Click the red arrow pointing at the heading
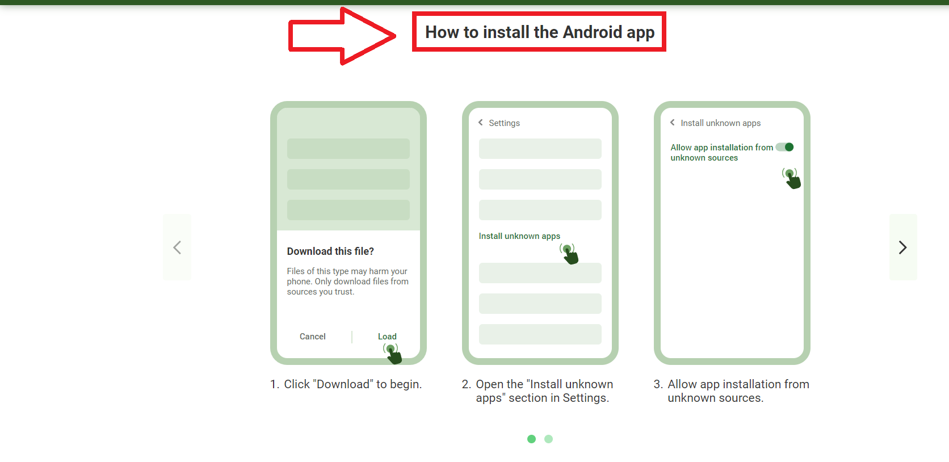tap(341, 36)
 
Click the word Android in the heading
tap(593, 32)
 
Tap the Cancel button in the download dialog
tap(312, 337)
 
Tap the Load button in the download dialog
tap(387, 337)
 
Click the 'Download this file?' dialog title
tap(330, 251)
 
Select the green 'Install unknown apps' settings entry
tap(519, 236)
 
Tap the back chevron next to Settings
tap(481, 123)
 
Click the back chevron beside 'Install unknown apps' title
tap(673, 123)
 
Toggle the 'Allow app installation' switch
tap(785, 147)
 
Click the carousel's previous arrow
tap(177, 247)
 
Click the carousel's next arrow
tap(902, 247)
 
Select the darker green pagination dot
tap(531, 439)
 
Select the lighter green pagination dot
tap(548, 439)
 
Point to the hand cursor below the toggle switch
tap(792, 178)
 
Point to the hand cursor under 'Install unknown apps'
tap(569, 254)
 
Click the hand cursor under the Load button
tap(392, 354)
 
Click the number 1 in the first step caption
tap(274, 385)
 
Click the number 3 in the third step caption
tap(657, 385)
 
